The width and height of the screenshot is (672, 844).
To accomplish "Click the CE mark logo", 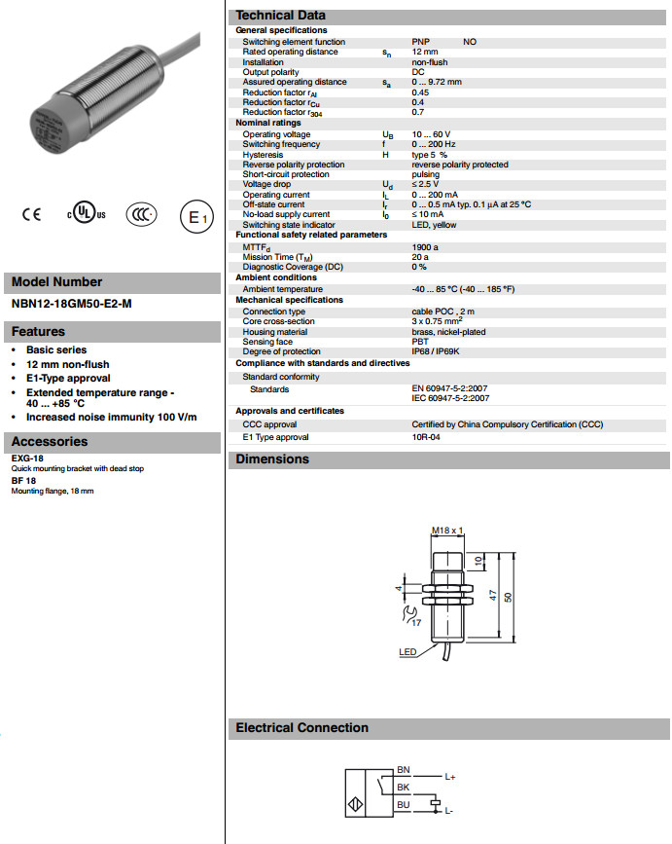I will (32, 215).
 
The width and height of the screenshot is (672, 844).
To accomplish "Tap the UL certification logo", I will (86, 215).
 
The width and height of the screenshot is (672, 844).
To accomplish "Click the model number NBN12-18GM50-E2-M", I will (71, 304).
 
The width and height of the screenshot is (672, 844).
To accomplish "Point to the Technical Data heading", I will (281, 16).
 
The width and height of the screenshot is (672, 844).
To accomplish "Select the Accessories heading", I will (50, 442).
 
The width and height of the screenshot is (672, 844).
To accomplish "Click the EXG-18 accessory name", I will (26, 458).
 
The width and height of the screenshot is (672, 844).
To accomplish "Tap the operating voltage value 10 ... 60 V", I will (431, 134).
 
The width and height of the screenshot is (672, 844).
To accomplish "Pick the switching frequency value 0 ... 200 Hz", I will (435, 144).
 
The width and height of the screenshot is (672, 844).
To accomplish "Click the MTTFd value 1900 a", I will (426, 247).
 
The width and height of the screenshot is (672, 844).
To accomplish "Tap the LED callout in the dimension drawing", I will (407, 652).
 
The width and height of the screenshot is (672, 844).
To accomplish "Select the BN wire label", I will (404, 770).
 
